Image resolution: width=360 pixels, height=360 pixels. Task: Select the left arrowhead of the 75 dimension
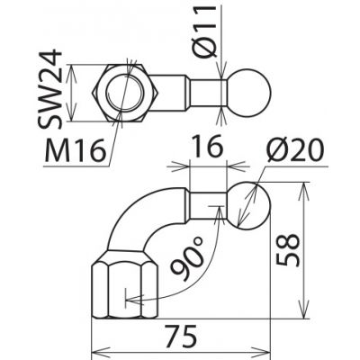click(x=98, y=346)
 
